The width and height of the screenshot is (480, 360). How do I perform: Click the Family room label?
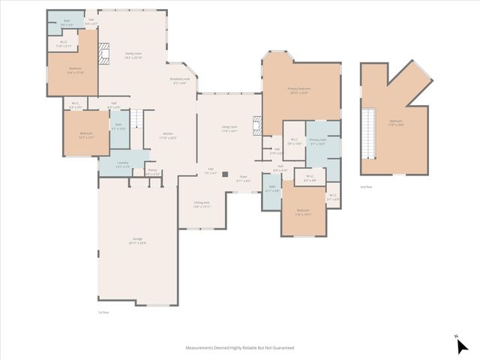[133, 55]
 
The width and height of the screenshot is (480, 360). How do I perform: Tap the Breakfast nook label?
[180, 80]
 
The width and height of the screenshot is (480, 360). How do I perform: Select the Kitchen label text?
[168, 136]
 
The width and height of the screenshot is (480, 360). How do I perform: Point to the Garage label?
[136, 241]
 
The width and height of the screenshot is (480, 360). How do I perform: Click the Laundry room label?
[123, 164]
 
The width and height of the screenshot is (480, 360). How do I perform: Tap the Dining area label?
[202, 204]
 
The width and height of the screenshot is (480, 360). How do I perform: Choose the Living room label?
[229, 129]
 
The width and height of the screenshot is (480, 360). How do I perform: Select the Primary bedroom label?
[298, 91]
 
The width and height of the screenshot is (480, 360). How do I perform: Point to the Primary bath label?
[317, 142]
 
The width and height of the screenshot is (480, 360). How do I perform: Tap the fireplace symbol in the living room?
[257, 124]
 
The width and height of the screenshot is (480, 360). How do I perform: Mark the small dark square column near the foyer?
[223, 173]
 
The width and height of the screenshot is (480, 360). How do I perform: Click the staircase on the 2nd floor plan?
[368, 132]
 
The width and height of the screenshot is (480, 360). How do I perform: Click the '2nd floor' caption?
[366, 186]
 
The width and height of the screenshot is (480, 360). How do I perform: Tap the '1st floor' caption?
[104, 312]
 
